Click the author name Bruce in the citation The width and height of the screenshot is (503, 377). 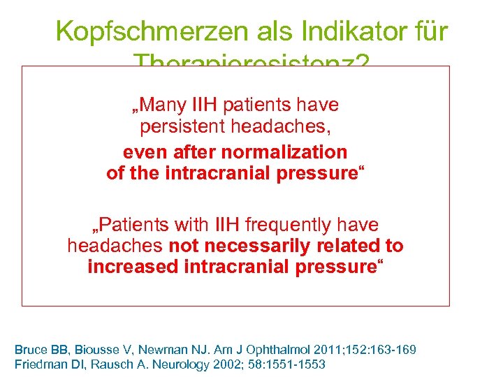(31, 348)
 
